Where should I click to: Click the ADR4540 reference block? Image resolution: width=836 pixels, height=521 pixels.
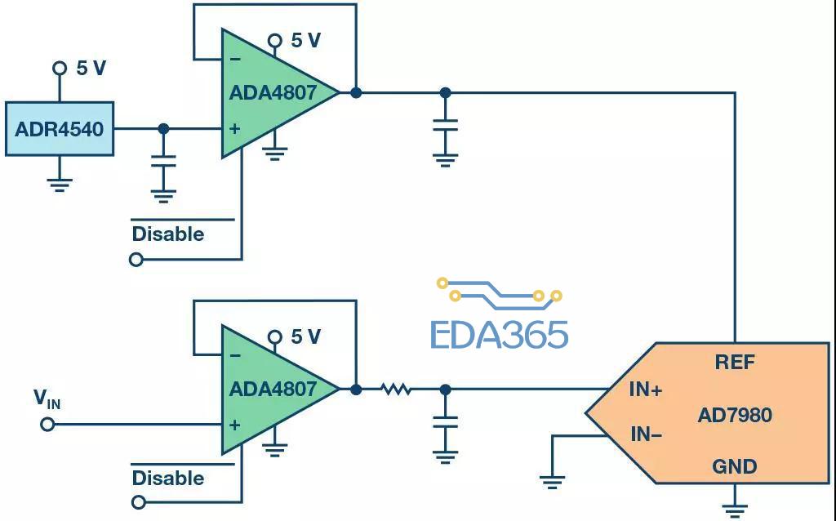(x=60, y=129)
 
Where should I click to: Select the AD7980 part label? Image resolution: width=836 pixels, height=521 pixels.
(x=735, y=415)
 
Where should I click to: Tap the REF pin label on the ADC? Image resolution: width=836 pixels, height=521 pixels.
(x=735, y=363)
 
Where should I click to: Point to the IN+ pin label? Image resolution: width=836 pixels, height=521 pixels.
(x=646, y=390)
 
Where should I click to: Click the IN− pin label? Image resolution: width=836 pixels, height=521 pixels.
(x=647, y=434)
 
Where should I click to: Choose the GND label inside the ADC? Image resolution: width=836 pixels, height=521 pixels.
(x=735, y=466)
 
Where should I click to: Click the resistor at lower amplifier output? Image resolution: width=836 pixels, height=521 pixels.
(x=396, y=390)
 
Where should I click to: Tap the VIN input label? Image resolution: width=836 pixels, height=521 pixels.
(x=47, y=399)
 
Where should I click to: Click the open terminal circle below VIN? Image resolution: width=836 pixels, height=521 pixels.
(x=47, y=425)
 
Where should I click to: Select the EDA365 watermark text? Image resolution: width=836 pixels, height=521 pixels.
(x=499, y=335)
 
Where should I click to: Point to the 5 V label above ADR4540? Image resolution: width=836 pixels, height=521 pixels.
(x=91, y=69)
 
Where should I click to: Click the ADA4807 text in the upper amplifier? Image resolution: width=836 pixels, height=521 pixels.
(x=273, y=93)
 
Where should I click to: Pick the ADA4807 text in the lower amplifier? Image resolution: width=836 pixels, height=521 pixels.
(x=273, y=389)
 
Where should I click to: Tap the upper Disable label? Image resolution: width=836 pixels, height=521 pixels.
(x=168, y=234)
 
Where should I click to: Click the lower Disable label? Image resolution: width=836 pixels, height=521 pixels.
(x=168, y=478)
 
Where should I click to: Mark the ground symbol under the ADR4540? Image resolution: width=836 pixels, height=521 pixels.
(x=59, y=185)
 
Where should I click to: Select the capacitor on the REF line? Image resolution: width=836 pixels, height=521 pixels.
(x=445, y=125)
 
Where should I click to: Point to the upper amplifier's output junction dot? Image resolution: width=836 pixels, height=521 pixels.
(x=356, y=93)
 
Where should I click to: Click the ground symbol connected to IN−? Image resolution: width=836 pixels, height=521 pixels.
(x=552, y=482)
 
